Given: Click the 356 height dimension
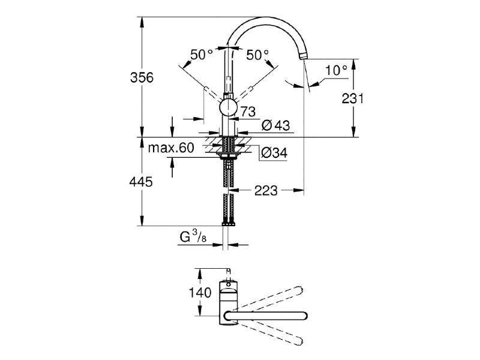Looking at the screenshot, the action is click(x=142, y=77).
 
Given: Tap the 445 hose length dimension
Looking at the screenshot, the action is click(x=141, y=182).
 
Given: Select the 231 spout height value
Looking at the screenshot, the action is click(x=352, y=98).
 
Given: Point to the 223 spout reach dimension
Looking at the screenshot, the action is click(x=266, y=191).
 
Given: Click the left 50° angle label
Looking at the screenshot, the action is click(x=202, y=55).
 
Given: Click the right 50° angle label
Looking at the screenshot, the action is click(x=257, y=55).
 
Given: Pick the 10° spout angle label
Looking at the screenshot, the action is click(x=336, y=70).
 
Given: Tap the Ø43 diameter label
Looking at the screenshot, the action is click(x=276, y=125).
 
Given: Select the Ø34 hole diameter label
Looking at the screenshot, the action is click(x=274, y=152).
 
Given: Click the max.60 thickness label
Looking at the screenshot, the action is click(x=171, y=148).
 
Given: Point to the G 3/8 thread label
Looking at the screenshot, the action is click(x=193, y=237).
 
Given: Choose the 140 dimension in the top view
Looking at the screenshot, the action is click(x=200, y=293).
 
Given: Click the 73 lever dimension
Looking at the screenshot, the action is click(x=248, y=112).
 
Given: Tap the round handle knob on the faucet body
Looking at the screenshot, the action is click(x=228, y=108).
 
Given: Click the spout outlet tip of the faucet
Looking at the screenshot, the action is click(x=303, y=56).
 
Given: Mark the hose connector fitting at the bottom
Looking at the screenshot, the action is click(x=228, y=223).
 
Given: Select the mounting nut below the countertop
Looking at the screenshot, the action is click(x=227, y=155).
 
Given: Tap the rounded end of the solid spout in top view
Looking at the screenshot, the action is click(x=304, y=316).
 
